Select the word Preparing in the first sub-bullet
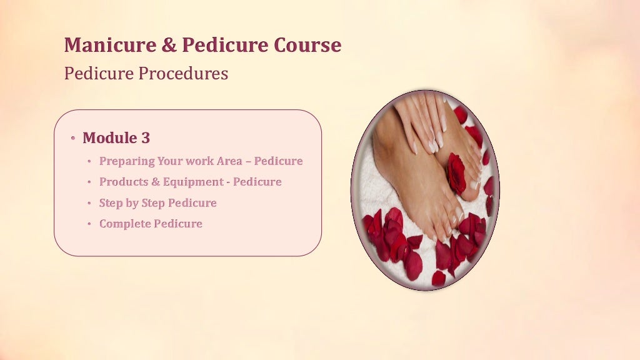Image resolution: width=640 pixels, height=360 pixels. click(x=123, y=161)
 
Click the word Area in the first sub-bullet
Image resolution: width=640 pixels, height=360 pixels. click(x=229, y=161)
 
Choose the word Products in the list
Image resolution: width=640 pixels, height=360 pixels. click(x=122, y=182)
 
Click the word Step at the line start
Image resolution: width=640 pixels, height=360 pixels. click(x=111, y=203)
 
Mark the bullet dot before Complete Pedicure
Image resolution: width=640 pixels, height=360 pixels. click(x=90, y=224)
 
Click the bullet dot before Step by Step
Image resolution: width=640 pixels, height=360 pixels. click(x=90, y=204)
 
